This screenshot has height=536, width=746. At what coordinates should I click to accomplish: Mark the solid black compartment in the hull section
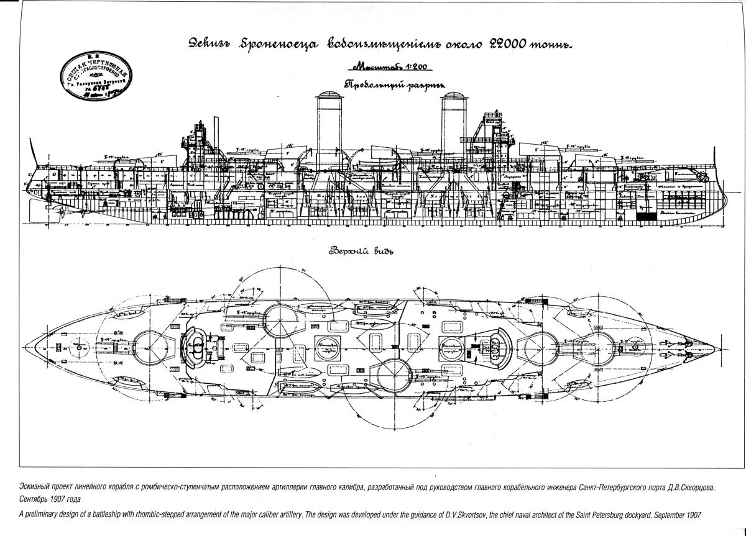point(647,216)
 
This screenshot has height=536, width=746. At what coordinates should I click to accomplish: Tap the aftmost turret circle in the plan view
point(147,342)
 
